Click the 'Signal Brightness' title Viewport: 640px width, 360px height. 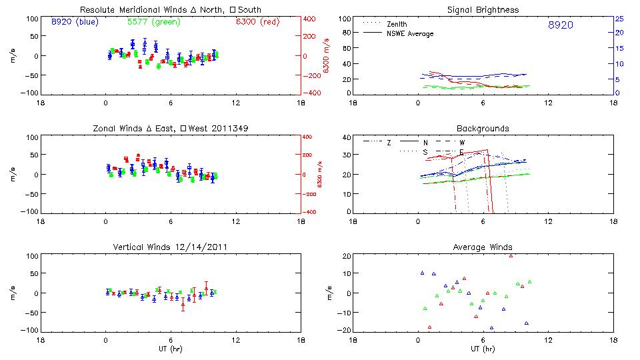(482, 10)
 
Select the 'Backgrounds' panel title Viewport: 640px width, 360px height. (482, 129)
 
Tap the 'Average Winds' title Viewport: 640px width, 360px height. (482, 247)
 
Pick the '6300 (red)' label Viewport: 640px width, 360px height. (257, 22)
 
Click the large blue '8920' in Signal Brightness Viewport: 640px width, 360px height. (560, 25)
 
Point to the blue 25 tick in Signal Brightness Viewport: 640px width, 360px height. (619, 18)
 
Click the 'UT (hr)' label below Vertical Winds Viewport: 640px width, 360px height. (170, 349)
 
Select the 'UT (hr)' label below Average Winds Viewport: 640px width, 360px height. (482, 349)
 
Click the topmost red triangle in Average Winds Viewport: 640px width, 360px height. (511, 255)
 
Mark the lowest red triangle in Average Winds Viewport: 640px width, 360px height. (430, 327)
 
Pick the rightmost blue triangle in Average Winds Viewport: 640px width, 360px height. (527, 323)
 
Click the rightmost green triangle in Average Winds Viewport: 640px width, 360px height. (529, 282)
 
